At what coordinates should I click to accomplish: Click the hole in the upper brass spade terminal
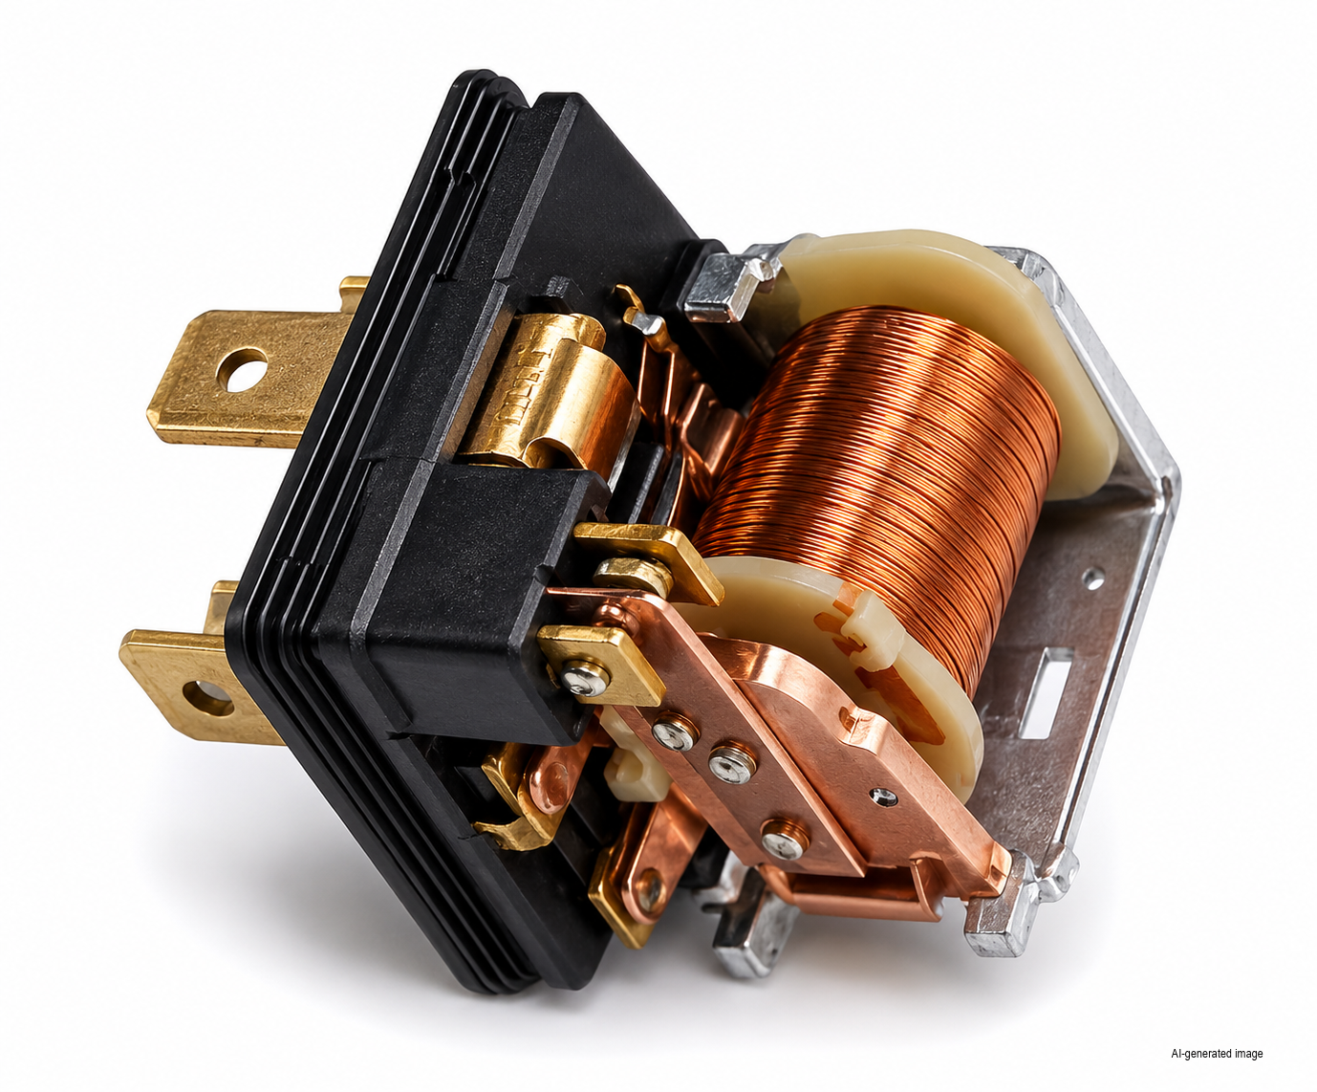click(x=242, y=369)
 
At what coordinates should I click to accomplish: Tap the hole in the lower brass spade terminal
click(x=207, y=698)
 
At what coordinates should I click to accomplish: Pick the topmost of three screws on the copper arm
click(x=674, y=732)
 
